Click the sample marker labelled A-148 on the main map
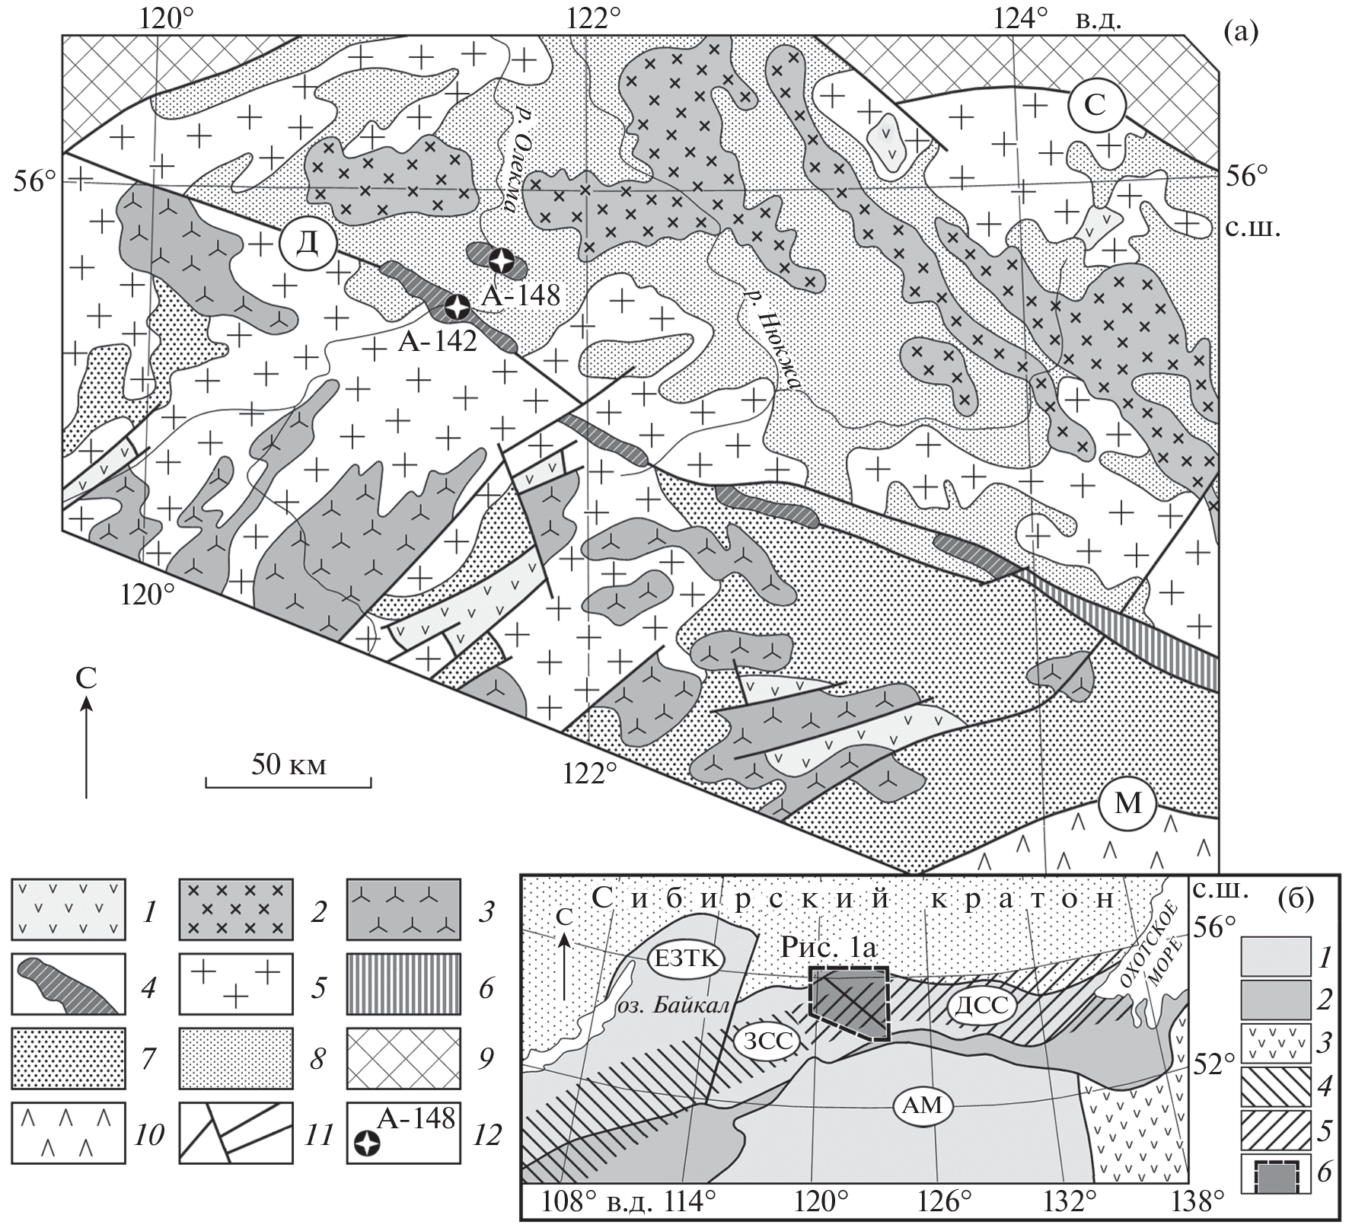click(501, 262)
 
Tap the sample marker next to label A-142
click(457, 308)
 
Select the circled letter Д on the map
click(308, 244)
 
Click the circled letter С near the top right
click(1095, 106)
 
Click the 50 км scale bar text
click(289, 764)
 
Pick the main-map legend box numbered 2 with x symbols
click(236, 911)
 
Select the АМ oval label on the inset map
click(923, 1106)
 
